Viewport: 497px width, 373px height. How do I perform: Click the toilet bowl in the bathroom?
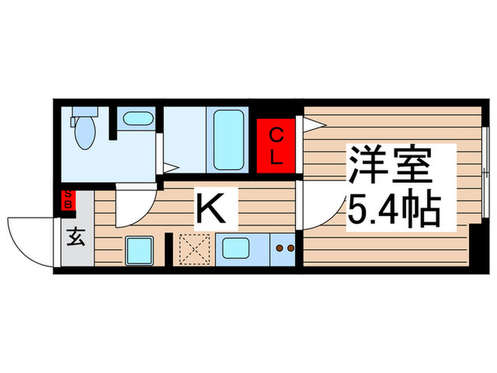[82, 132]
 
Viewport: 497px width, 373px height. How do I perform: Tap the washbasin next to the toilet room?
[135, 120]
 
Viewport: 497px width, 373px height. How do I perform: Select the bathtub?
[227, 139]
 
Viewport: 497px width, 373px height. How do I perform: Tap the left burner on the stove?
[279, 248]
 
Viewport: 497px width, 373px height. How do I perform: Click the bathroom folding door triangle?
[170, 168]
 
